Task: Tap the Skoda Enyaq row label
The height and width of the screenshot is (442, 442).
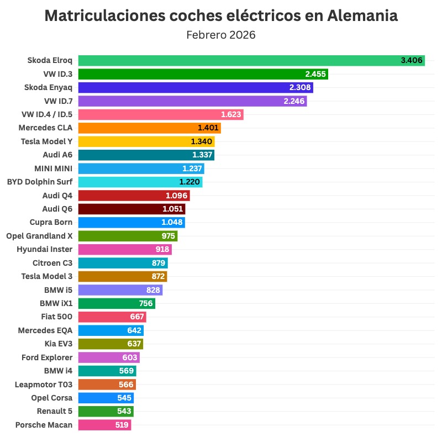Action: coord(49,87)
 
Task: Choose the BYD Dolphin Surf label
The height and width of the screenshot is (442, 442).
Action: coord(40,181)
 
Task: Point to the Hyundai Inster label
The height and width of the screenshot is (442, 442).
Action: coord(45,249)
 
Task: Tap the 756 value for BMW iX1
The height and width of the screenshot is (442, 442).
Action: coord(147,303)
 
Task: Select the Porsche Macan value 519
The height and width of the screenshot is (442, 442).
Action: coord(122,425)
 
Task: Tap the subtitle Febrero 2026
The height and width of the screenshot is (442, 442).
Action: coord(221,35)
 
